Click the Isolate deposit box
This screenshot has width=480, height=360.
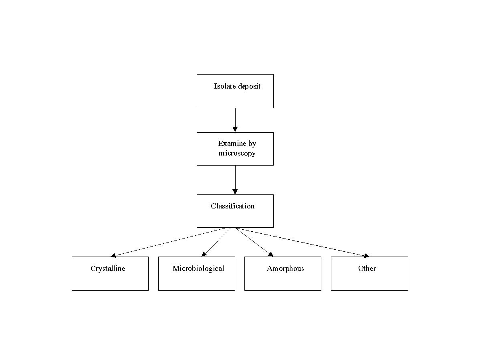235,91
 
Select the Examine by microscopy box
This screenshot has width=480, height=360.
235,149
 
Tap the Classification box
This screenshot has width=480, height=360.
235,211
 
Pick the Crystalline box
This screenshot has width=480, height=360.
110,273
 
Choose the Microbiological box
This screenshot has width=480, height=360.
197,273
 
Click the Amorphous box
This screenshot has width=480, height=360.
283,273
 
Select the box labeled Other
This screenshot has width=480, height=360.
369,273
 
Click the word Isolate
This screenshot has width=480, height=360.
225,86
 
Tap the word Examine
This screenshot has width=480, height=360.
232,144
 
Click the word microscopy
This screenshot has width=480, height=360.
237,154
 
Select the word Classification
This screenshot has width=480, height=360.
233,206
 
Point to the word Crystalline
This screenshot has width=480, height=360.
108,269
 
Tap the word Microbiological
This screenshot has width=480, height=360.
198,269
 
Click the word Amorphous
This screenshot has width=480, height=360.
286,269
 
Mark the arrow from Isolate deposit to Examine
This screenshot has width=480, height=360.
235,120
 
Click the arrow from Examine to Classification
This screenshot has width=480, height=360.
235,180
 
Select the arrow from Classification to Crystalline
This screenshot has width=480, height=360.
168,242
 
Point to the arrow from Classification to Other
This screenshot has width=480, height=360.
302,242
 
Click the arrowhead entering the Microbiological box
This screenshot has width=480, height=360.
204,254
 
